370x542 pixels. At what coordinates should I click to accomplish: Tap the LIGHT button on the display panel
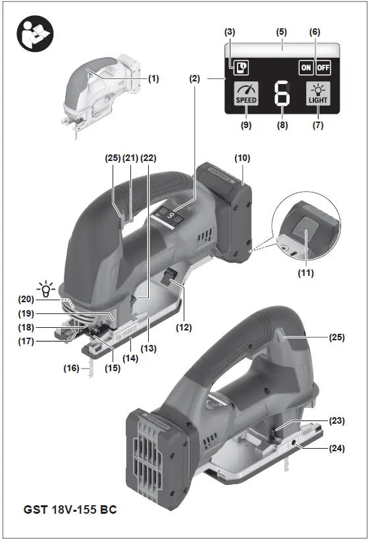pos(319,95)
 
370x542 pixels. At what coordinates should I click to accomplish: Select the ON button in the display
pos(305,67)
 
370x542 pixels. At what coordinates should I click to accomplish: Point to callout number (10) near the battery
pos(242,159)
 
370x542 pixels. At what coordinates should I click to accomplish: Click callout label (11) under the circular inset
pos(305,272)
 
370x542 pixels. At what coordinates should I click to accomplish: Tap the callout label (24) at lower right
pos(338,449)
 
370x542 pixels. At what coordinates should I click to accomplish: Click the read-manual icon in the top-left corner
pos(33,33)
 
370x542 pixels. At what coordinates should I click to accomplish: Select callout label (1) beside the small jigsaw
pos(153,78)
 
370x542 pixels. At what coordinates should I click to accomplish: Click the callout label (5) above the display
pos(282,32)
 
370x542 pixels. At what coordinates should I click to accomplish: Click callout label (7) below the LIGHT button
pos(319,125)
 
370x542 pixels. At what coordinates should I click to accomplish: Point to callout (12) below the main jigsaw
pos(179,324)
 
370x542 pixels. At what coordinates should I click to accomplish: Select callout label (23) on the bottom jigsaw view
pos(338,420)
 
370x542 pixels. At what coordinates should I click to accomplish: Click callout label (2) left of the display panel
pos(194,78)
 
